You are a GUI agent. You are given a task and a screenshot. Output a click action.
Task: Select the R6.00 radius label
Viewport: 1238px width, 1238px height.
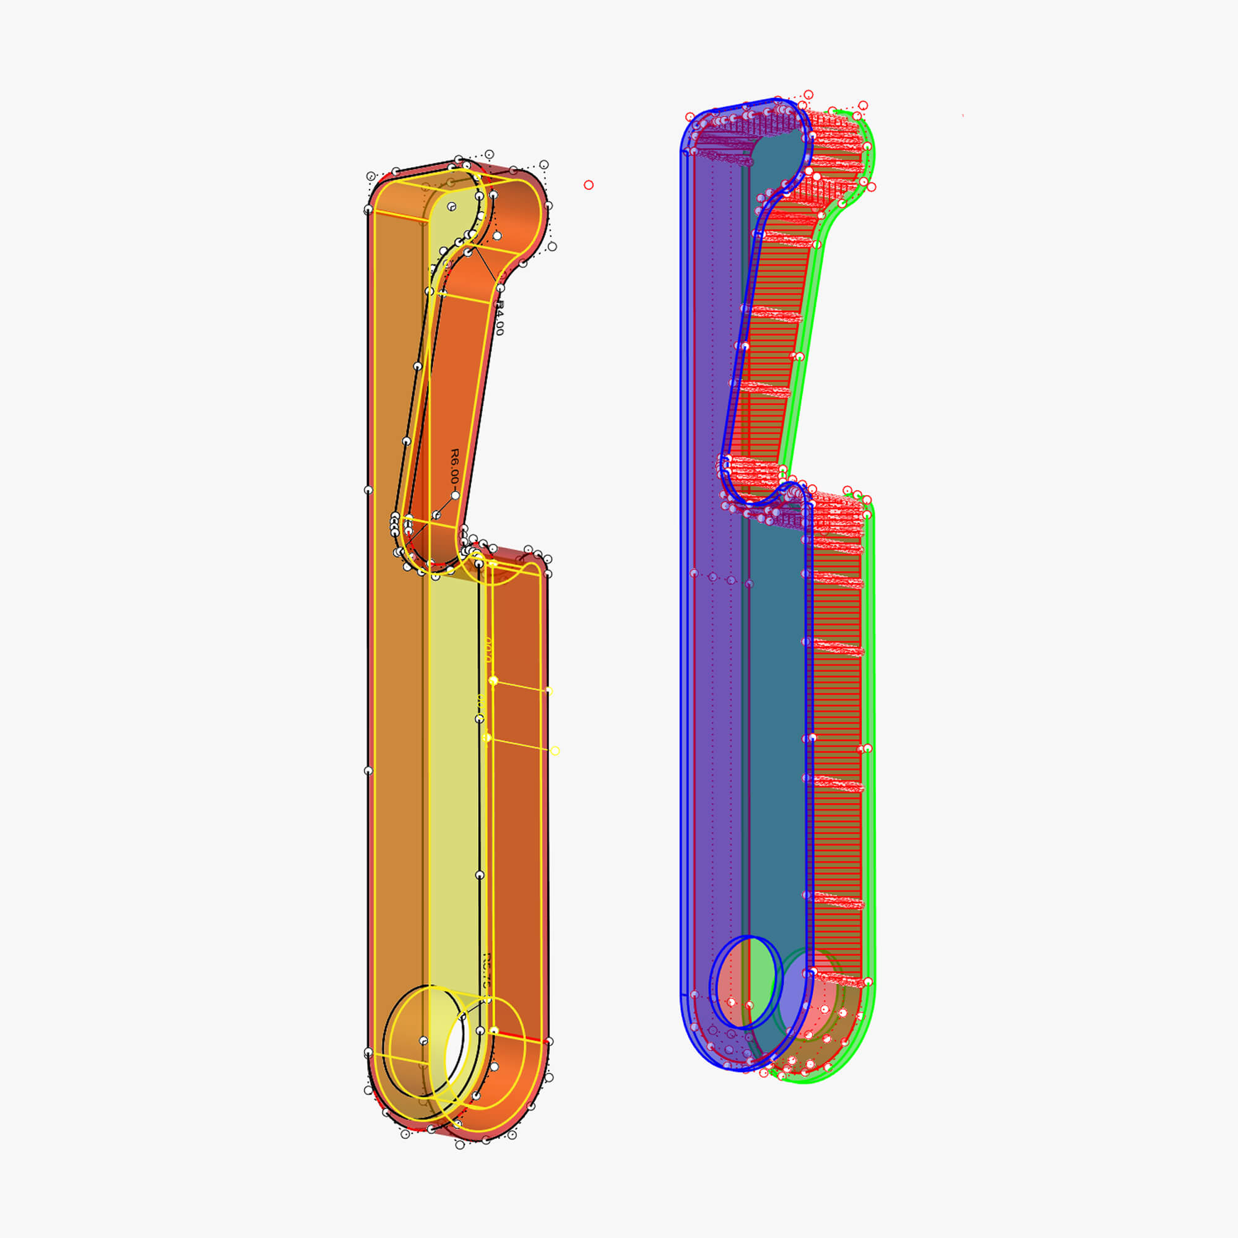[454, 467]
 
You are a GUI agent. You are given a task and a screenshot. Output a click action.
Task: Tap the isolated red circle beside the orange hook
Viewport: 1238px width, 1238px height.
[588, 185]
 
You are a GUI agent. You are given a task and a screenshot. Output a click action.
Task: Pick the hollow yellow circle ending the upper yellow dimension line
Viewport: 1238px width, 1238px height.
[548, 691]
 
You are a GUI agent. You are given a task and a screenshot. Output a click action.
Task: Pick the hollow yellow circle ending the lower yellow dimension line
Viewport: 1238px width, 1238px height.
[555, 751]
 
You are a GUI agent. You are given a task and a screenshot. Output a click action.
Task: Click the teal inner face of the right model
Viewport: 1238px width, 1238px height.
[776, 737]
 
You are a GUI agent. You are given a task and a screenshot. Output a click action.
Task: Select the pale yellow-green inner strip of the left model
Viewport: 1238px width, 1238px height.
[452, 769]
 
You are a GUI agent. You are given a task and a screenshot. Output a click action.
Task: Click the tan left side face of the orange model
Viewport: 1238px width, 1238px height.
[396, 641]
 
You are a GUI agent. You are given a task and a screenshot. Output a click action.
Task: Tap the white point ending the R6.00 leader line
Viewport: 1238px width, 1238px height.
[455, 495]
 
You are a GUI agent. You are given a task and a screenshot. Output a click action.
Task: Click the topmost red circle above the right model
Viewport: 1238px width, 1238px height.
[808, 95]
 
